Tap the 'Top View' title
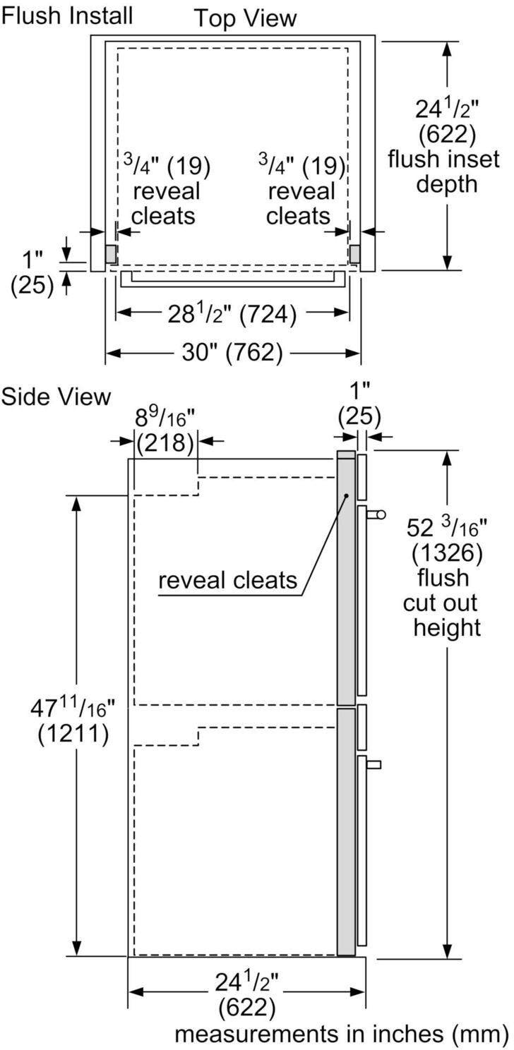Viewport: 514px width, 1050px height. [246, 19]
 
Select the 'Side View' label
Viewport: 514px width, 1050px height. [56, 397]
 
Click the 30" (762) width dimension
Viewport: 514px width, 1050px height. [232, 352]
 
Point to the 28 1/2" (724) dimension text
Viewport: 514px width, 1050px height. [232, 314]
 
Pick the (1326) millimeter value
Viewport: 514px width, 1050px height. [447, 554]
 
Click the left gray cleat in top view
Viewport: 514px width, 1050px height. [110, 253]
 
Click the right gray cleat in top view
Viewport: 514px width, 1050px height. [354, 253]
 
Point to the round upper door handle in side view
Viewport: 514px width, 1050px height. [377, 514]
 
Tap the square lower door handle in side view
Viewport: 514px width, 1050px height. [373, 765]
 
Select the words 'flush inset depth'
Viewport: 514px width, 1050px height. [443, 171]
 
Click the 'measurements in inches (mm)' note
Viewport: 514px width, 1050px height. [342, 1034]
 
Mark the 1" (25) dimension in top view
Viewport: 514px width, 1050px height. [32, 272]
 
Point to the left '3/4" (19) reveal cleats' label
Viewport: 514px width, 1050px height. [166, 191]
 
